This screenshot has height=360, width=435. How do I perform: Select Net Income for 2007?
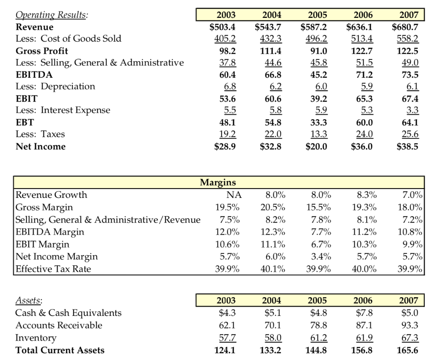pos(408,146)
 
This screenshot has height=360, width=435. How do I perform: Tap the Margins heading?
pos(218,183)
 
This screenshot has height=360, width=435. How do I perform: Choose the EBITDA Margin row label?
pos(50,232)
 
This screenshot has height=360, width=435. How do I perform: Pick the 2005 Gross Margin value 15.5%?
pos(319,207)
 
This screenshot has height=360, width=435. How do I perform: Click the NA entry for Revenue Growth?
pos(234,195)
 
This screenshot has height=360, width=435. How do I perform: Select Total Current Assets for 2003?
pos(226,350)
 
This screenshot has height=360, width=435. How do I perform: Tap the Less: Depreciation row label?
pos(55,87)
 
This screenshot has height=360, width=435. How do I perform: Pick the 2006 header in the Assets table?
pos(363,301)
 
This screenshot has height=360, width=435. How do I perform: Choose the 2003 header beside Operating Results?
pos(226,15)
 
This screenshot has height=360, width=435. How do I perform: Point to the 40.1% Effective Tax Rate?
pos(273,269)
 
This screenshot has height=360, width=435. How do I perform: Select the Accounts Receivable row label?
pos(59,325)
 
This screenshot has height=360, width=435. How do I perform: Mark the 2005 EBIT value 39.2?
pos(319,98)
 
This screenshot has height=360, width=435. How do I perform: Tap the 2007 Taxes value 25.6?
pos(410,135)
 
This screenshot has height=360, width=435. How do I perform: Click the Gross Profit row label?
pos(42,51)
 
